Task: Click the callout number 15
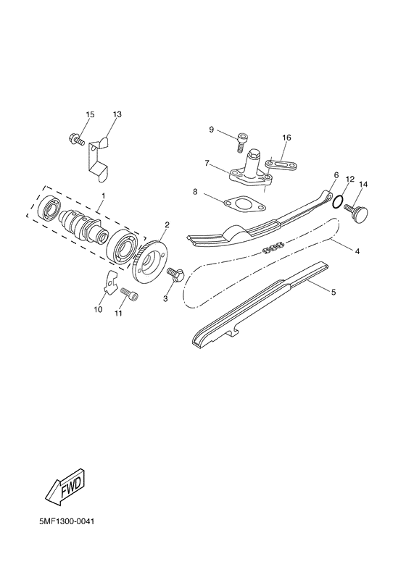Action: (x=90, y=115)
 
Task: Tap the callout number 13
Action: (x=117, y=115)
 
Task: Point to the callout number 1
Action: (x=103, y=196)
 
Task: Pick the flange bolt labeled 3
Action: (x=174, y=274)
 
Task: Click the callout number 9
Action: (x=212, y=130)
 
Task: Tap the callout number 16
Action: (x=286, y=138)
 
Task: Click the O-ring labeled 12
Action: (x=338, y=200)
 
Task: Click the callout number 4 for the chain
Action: (x=357, y=251)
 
